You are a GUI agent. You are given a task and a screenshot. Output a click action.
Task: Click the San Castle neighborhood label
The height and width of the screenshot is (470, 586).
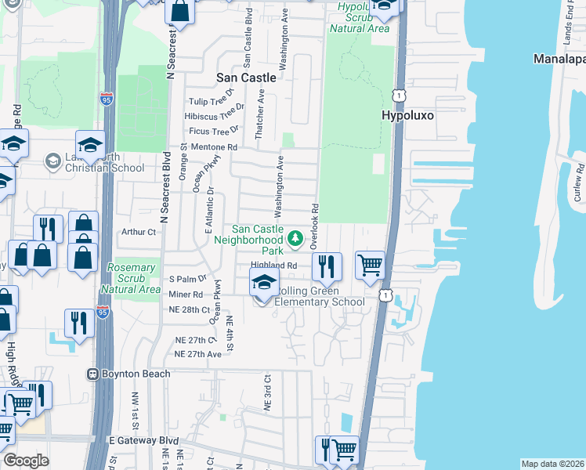pos(246,78)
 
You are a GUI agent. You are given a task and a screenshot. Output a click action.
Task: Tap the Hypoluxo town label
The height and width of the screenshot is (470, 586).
pos(407,115)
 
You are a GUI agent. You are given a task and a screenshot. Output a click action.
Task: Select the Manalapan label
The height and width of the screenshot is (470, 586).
pos(559,60)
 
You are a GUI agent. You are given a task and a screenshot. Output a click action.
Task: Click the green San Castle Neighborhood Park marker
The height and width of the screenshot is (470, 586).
pos(295,238)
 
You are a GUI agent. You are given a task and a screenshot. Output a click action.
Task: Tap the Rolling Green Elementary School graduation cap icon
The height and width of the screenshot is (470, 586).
pos(265,283)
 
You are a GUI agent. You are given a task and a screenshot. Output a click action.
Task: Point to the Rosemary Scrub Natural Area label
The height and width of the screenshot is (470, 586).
pos(132,278)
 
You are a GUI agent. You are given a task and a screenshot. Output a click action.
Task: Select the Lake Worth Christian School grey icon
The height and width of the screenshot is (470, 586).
pos(53,161)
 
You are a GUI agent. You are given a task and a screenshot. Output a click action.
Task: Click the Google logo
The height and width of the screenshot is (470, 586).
pos(26,461)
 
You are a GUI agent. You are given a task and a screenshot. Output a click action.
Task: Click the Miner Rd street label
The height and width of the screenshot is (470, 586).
pos(186,294)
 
